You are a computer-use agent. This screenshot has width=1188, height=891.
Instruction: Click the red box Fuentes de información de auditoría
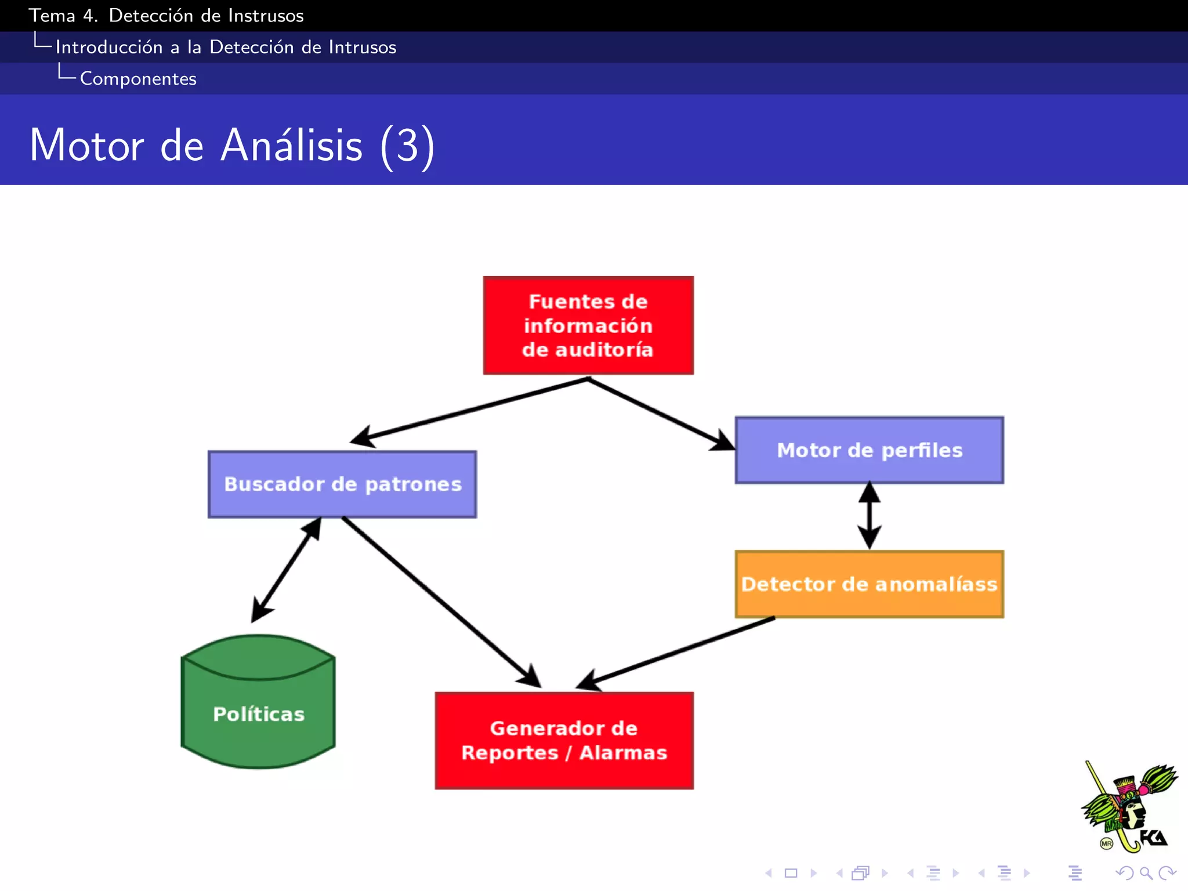point(588,325)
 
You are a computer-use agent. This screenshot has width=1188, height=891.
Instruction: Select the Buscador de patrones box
point(342,484)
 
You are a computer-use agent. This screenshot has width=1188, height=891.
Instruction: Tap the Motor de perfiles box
point(869,450)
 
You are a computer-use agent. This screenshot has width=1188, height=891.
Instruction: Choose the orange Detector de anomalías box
point(869,584)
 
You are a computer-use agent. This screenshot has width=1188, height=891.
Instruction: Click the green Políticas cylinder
point(259,713)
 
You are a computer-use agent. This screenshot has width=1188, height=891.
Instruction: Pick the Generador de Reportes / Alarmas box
point(564,740)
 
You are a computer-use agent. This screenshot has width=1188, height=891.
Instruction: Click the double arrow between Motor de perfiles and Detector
point(869,516)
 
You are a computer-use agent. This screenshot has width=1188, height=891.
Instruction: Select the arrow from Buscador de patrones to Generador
point(441,602)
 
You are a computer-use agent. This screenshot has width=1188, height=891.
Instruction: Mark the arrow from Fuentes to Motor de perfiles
point(661,414)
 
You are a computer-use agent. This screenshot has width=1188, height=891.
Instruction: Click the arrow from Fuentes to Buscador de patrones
point(470,410)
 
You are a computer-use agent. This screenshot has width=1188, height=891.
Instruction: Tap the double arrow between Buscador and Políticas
point(287,570)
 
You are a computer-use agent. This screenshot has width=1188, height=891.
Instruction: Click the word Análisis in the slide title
point(292,145)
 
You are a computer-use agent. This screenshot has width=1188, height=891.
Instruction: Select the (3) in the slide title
point(407,146)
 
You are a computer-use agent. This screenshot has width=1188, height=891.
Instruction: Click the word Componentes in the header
point(138,79)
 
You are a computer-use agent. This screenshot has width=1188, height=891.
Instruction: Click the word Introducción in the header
point(109,47)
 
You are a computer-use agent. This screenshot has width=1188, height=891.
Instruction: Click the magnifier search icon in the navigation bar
point(1146,873)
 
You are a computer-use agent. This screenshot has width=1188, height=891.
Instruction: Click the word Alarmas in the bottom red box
point(623,752)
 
